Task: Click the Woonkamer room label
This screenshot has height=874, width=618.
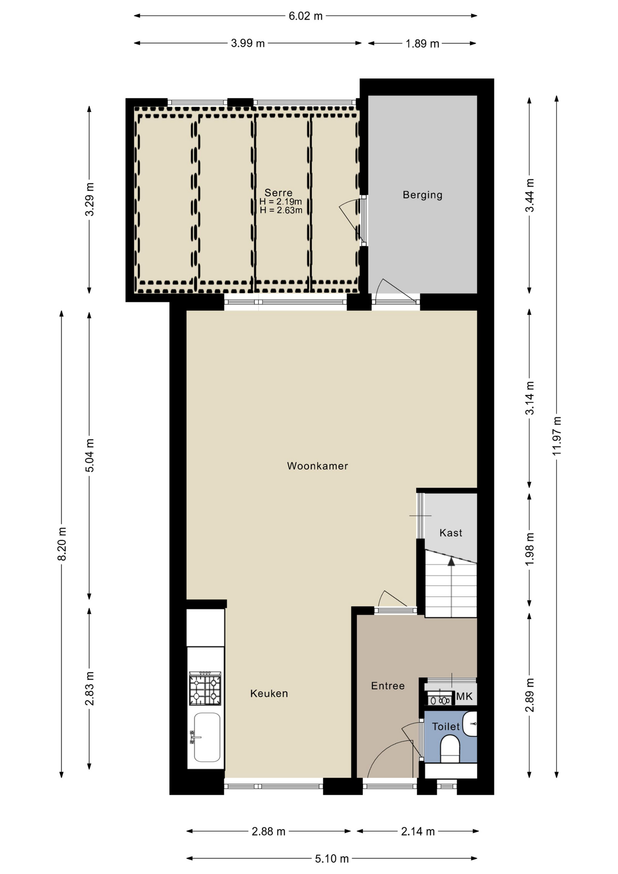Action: pyautogui.click(x=317, y=466)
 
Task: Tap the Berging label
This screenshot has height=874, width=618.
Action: pyautogui.click(x=422, y=195)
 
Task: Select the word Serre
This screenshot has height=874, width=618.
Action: pyautogui.click(x=279, y=193)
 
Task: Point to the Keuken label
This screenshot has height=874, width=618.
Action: pyautogui.click(x=269, y=693)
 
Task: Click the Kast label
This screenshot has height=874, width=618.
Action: pyautogui.click(x=451, y=533)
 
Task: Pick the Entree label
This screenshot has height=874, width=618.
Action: pyautogui.click(x=388, y=686)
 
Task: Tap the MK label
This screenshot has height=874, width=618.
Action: pyautogui.click(x=464, y=696)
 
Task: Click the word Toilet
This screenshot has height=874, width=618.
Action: pyautogui.click(x=446, y=726)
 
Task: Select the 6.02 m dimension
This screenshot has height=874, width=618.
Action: pyautogui.click(x=305, y=16)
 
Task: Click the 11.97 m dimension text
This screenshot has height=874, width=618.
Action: pyautogui.click(x=557, y=436)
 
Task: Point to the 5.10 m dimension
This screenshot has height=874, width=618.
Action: pyautogui.click(x=332, y=859)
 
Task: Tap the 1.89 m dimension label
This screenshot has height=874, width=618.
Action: pyautogui.click(x=422, y=44)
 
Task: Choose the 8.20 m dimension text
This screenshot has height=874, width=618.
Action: pyautogui.click(x=62, y=544)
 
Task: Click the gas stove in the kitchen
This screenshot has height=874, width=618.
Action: pyautogui.click(x=205, y=688)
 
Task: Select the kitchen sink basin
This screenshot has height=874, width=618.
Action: pyautogui.click(x=207, y=737)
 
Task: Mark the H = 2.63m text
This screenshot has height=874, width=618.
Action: pyautogui.click(x=281, y=210)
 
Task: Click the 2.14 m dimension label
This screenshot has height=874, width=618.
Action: pyautogui.click(x=418, y=831)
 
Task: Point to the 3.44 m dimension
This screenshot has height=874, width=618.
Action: pyautogui.click(x=529, y=195)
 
